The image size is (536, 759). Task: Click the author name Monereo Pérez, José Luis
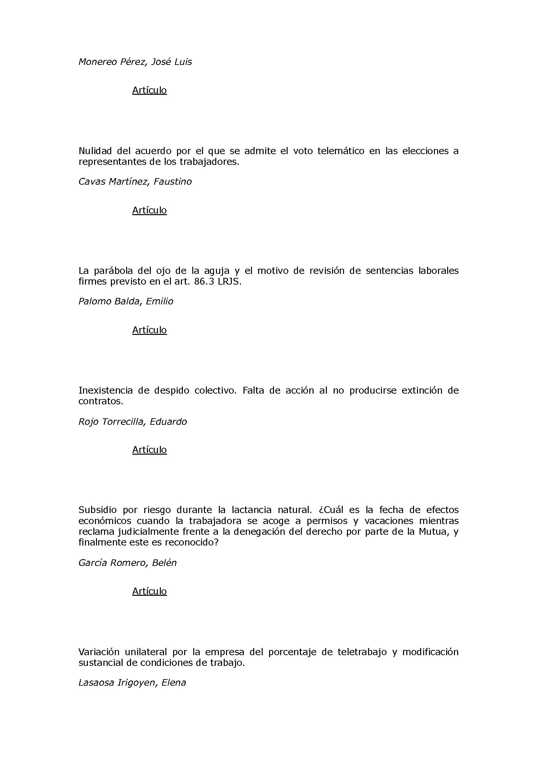(x=135, y=62)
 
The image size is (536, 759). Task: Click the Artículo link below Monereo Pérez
(x=149, y=90)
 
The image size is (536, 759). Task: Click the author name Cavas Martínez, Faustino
(x=135, y=181)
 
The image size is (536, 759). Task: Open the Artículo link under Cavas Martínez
(x=149, y=210)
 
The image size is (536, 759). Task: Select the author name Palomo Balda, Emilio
(x=125, y=301)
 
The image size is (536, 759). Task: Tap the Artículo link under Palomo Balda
(x=149, y=330)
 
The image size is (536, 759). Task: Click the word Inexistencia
(x=106, y=390)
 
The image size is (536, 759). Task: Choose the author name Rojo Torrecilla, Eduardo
(x=132, y=422)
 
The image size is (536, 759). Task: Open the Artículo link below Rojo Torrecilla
(x=149, y=449)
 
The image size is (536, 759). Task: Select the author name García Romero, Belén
(x=127, y=563)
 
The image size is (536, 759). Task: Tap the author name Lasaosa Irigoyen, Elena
(x=132, y=683)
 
